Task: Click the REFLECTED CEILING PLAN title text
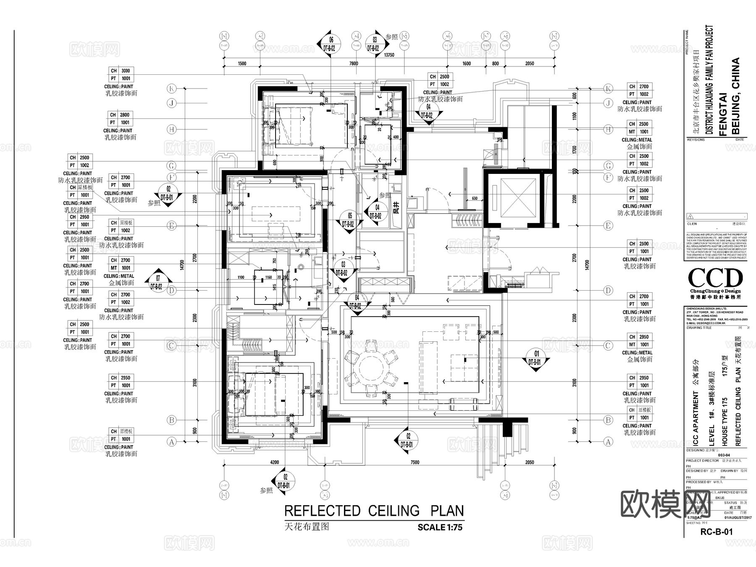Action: tap(374, 511)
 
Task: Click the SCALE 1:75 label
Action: tap(440, 527)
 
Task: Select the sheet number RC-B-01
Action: tap(716, 531)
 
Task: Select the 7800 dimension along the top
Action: tap(354, 63)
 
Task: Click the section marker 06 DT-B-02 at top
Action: tap(329, 44)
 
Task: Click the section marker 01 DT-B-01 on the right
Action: tap(534, 358)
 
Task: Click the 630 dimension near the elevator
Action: tap(474, 198)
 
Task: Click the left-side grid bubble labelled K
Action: tap(171, 89)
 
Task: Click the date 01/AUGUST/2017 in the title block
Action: tap(735, 518)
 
